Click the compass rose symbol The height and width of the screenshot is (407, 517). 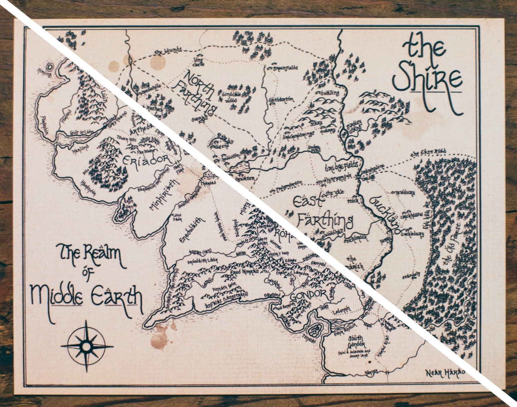point(87,345)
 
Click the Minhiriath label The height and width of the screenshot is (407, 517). point(164,195)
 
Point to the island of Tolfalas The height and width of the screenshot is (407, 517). point(314,331)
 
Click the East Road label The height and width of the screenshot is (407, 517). point(429,153)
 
